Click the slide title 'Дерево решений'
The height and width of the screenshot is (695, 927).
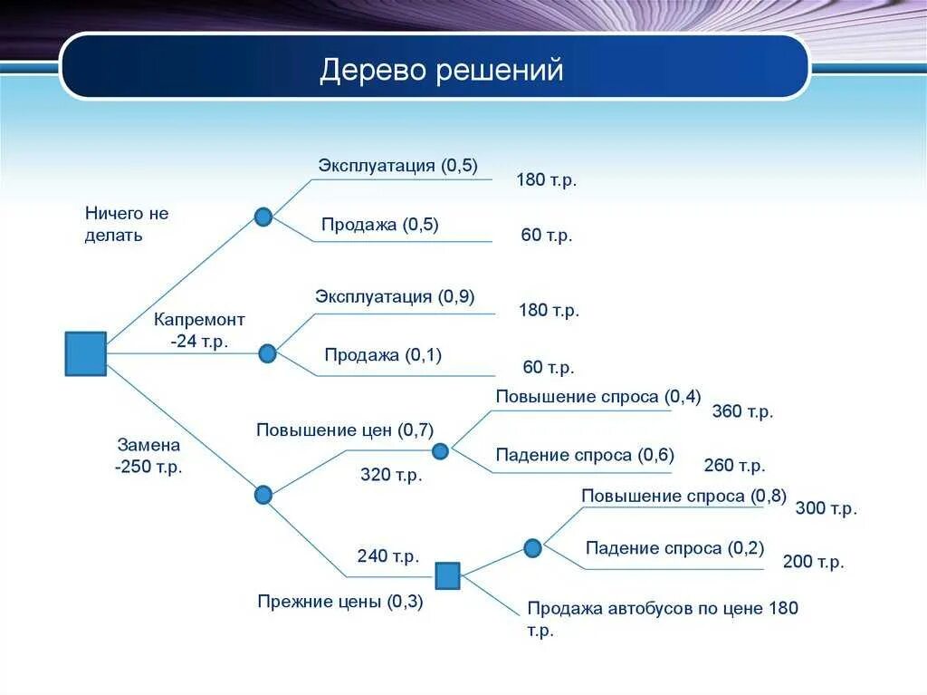[x=441, y=70]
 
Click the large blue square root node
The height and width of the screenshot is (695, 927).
[x=86, y=353]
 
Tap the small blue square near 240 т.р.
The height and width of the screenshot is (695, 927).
[x=447, y=575]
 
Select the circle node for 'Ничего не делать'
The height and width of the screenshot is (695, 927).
[x=263, y=217]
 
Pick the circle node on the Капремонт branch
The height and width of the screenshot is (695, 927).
[x=267, y=353]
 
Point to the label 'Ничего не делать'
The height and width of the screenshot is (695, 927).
[x=127, y=224]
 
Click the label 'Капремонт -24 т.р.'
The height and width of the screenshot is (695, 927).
[x=199, y=331]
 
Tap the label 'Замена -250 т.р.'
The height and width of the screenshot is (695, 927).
[x=148, y=456]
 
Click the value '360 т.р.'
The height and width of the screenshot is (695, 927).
[x=742, y=411]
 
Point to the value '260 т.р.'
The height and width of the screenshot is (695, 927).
[x=734, y=466]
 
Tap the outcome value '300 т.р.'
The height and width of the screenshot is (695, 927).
[x=826, y=508]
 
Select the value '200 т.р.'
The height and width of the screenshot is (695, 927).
[x=813, y=562]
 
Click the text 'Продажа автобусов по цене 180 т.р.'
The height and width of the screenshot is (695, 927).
[x=663, y=619]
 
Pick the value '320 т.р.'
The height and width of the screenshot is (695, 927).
[x=391, y=475]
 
